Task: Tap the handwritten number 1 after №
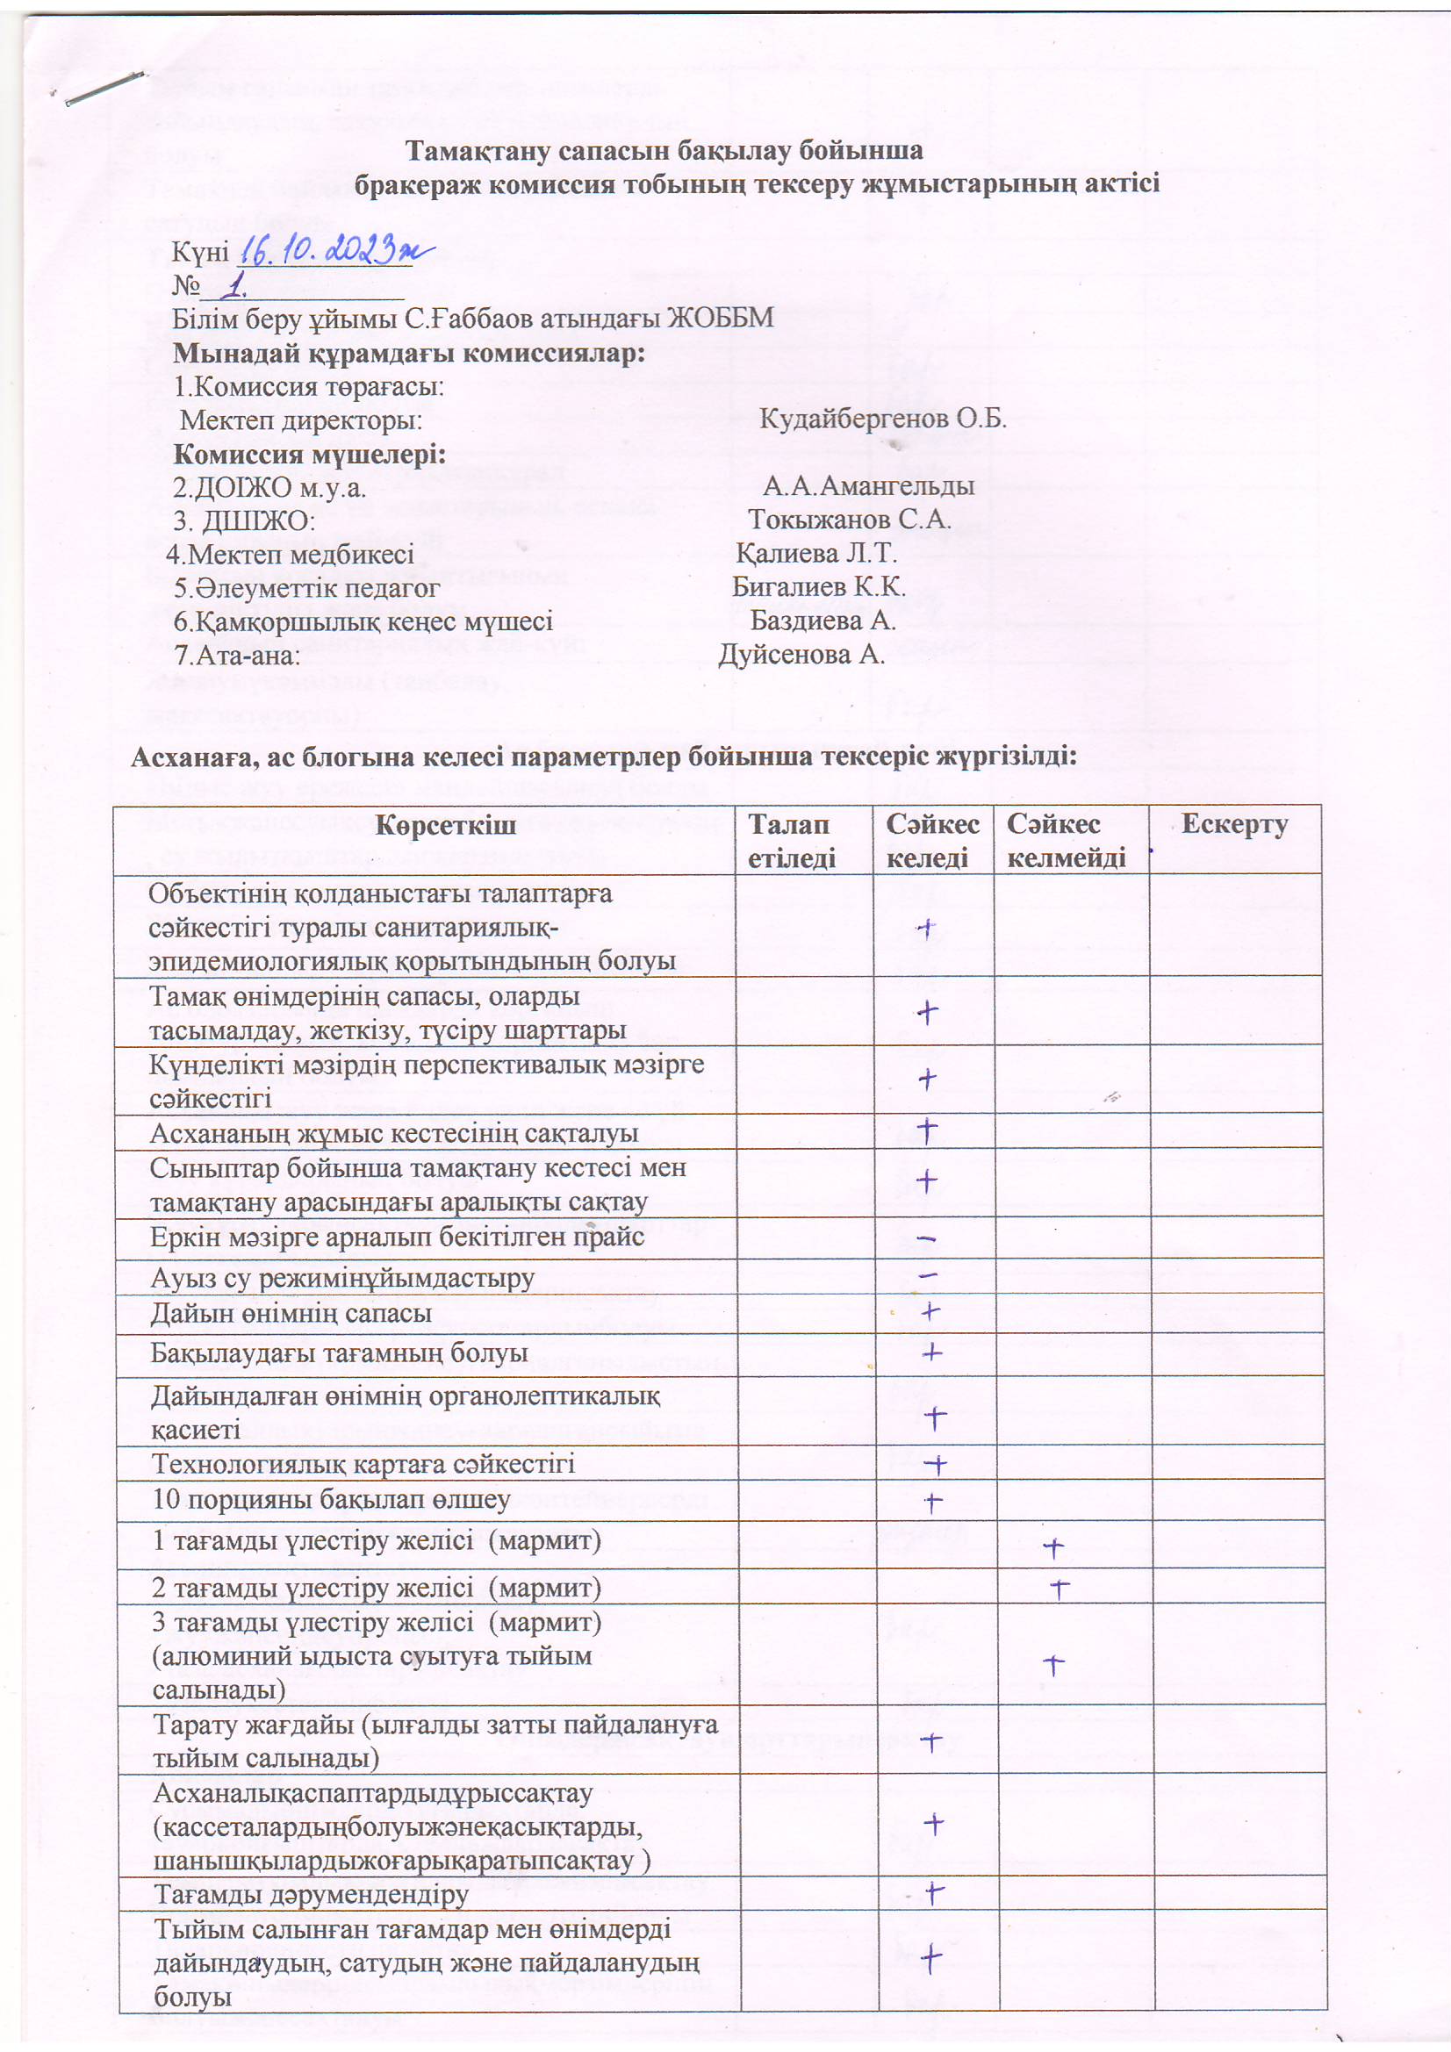click(x=236, y=286)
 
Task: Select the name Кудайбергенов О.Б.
click(x=882, y=419)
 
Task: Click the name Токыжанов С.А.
click(x=849, y=520)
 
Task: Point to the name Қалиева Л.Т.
click(x=815, y=553)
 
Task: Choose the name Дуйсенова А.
click(x=801, y=654)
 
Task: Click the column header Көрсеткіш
click(x=444, y=825)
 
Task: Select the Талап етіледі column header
click(x=790, y=840)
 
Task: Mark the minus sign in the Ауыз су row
click(x=928, y=1275)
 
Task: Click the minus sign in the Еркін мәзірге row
click(x=927, y=1238)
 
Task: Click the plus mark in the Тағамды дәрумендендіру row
click(x=934, y=1891)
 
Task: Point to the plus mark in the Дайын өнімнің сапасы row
click(x=930, y=1311)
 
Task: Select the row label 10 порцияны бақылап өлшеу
click(x=331, y=1499)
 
